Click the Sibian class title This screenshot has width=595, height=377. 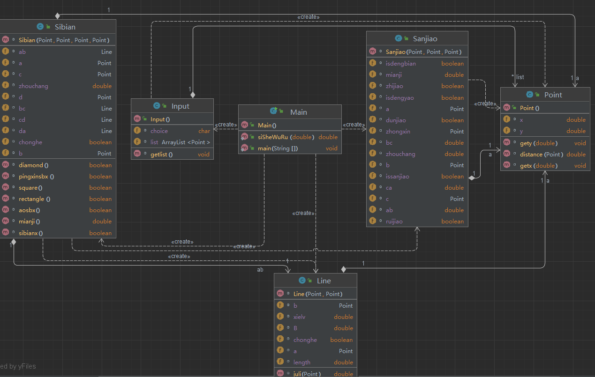pyautogui.click(x=65, y=27)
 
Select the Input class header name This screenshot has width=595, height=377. pyautogui.click(x=181, y=106)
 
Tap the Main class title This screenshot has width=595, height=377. pyautogui.click(x=299, y=112)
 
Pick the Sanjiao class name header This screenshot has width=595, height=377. pyautogui.click(x=425, y=39)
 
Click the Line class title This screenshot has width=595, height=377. pyautogui.click(x=324, y=281)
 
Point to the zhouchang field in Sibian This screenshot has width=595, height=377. pyautogui.click(x=33, y=86)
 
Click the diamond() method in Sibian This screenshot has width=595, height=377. pyautogui.click(x=33, y=165)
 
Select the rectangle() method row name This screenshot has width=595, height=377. pyautogui.click(x=35, y=199)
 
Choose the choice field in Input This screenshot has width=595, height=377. pyautogui.click(x=159, y=131)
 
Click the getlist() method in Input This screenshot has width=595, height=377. pyautogui.click(x=161, y=155)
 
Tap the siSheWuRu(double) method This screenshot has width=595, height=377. pyautogui.click(x=286, y=137)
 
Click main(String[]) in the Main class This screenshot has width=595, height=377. pyautogui.click(x=278, y=148)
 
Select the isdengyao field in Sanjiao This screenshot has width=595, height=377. pyautogui.click(x=400, y=97)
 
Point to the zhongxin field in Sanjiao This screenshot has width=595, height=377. pyautogui.click(x=398, y=131)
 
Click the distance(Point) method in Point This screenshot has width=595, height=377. pyautogui.click(x=542, y=155)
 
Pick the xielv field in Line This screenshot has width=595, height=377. pyautogui.click(x=299, y=317)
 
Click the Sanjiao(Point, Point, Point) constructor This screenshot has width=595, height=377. pyautogui.click(x=424, y=52)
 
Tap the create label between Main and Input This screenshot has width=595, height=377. pyautogui.click(x=226, y=125)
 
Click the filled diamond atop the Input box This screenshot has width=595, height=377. pyautogui.click(x=193, y=95)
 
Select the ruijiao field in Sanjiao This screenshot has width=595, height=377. pyautogui.click(x=394, y=221)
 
